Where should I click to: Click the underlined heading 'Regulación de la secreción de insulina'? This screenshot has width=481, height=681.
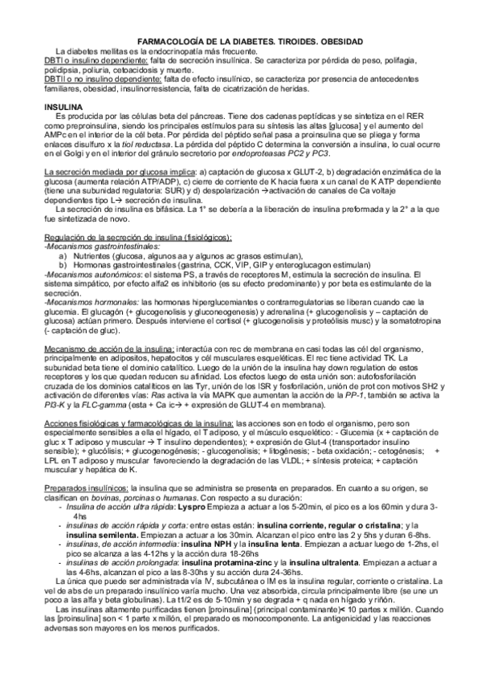pos(138,238)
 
